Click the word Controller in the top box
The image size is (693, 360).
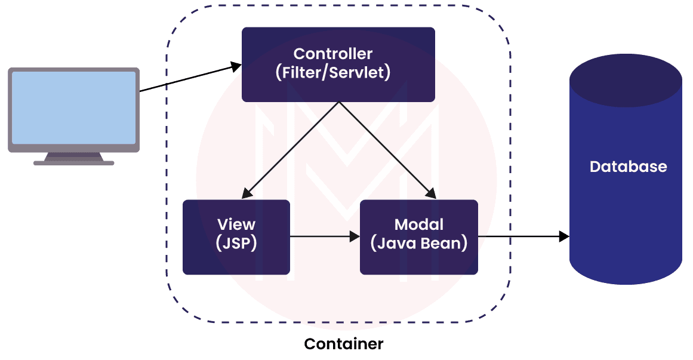pyautogui.click(x=332, y=54)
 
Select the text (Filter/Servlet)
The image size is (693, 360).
pyautogui.click(x=332, y=73)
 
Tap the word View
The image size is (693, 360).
pyautogui.click(x=236, y=224)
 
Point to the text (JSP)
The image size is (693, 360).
pyautogui.click(x=236, y=244)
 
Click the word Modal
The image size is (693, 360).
pyautogui.click(x=419, y=224)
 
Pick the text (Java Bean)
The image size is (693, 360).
pyautogui.click(x=419, y=244)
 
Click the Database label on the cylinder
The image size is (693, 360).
pyautogui.click(x=628, y=167)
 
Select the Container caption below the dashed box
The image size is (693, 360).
pyautogui.click(x=343, y=344)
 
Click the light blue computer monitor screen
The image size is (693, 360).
pyautogui.click(x=74, y=107)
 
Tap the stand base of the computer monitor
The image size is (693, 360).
pyautogui.click(x=74, y=161)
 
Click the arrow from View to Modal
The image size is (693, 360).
pyautogui.click(x=322, y=237)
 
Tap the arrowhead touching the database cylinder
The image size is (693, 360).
pyautogui.click(x=563, y=237)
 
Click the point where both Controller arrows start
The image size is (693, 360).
pyautogui.click(x=339, y=102)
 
